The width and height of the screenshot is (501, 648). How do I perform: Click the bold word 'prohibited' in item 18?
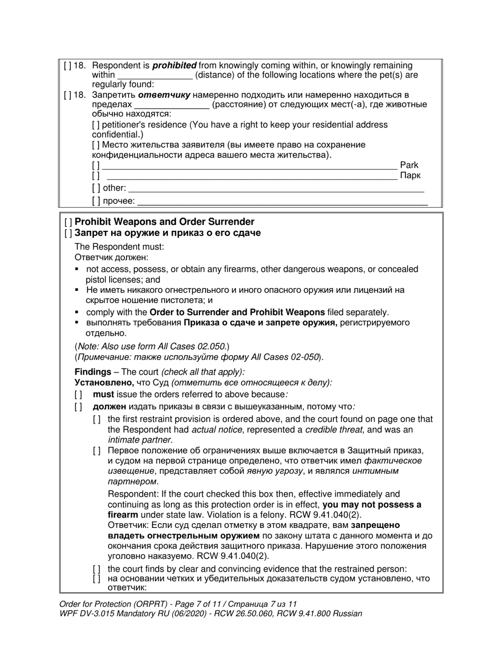pyautogui.click(x=175, y=65)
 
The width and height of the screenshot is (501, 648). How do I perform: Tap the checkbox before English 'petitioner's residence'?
pyautogui.click(x=95, y=125)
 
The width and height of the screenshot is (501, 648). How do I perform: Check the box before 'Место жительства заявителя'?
pyautogui.click(x=95, y=145)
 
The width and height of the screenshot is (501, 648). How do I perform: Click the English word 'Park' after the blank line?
pyautogui.click(x=409, y=165)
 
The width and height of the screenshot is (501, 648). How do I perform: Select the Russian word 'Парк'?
pyautogui.click(x=410, y=175)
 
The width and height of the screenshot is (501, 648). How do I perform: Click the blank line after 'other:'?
pyautogui.click(x=276, y=188)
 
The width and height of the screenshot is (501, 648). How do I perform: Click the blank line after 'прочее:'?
pyautogui.click(x=282, y=201)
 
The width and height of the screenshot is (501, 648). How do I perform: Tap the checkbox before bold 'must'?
pyautogui.click(x=79, y=395)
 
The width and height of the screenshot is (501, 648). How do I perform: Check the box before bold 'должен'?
pyautogui.click(x=79, y=407)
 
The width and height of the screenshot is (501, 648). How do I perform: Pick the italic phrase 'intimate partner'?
pyautogui.click(x=139, y=440)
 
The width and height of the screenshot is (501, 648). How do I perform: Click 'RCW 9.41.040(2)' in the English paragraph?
pyautogui.click(x=329, y=515)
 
